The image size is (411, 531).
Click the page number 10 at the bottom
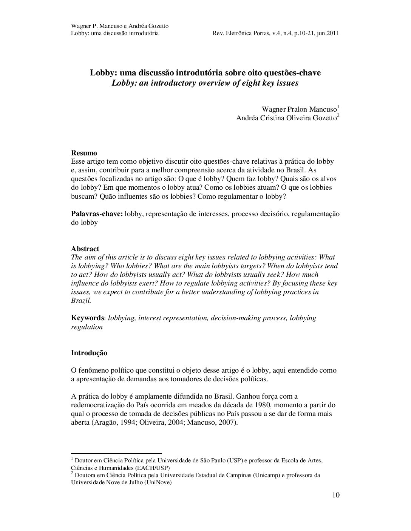336,495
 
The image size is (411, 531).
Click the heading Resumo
84,153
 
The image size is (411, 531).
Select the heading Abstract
85,249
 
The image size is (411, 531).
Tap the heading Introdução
89,353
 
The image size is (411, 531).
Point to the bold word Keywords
87,318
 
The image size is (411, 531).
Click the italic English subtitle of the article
205,83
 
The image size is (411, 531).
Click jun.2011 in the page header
327,33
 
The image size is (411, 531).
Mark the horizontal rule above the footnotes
116,453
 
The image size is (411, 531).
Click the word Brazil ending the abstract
80,301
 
